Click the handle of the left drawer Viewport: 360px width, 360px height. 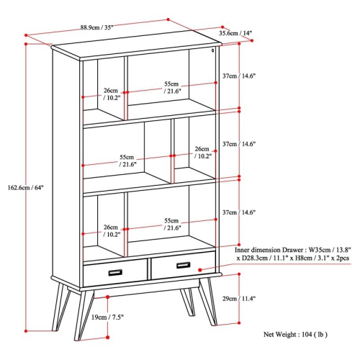pos(115,271)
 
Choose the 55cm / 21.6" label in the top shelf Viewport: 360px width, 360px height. pos(171,87)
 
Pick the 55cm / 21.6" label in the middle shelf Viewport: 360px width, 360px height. pos(127,161)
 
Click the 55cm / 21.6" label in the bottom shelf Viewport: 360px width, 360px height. pos(171,224)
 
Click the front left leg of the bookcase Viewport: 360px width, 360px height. pos(85,314)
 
